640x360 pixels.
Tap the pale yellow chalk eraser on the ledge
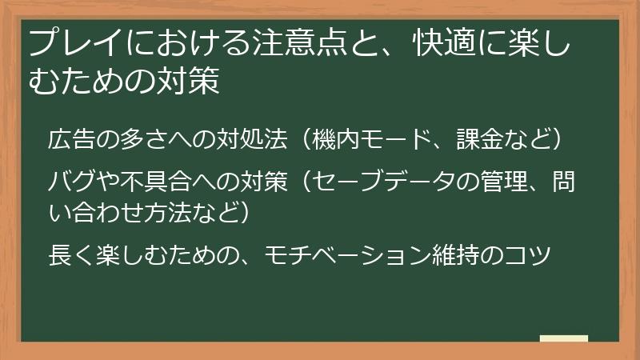click(x=564, y=339)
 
